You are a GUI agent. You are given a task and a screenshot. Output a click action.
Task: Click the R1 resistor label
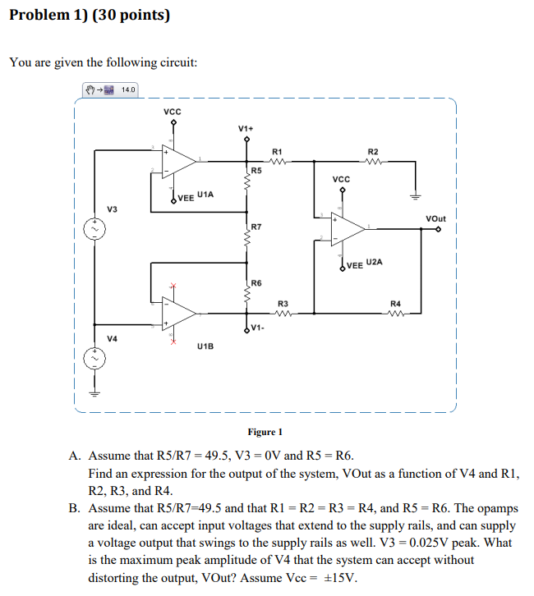(x=277, y=152)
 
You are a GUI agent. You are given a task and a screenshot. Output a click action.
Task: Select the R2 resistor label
(x=373, y=152)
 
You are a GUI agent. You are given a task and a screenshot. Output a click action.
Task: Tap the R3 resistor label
(x=282, y=303)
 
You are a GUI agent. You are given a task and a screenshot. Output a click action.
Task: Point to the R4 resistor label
(x=395, y=303)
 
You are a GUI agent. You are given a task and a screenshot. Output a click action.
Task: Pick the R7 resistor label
(x=256, y=226)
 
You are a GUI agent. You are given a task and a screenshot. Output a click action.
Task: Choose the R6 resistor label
(x=256, y=282)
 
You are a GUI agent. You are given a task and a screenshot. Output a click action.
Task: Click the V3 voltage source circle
(x=95, y=230)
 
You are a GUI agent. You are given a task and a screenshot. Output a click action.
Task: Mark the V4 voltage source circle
(x=95, y=358)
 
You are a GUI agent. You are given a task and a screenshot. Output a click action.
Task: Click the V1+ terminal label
(x=246, y=129)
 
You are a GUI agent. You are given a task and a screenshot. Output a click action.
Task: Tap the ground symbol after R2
(x=416, y=195)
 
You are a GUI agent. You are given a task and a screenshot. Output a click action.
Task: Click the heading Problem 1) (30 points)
(x=90, y=14)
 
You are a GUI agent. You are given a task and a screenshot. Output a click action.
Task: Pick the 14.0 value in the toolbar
(x=128, y=89)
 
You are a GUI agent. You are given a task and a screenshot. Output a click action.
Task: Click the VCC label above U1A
(x=172, y=112)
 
